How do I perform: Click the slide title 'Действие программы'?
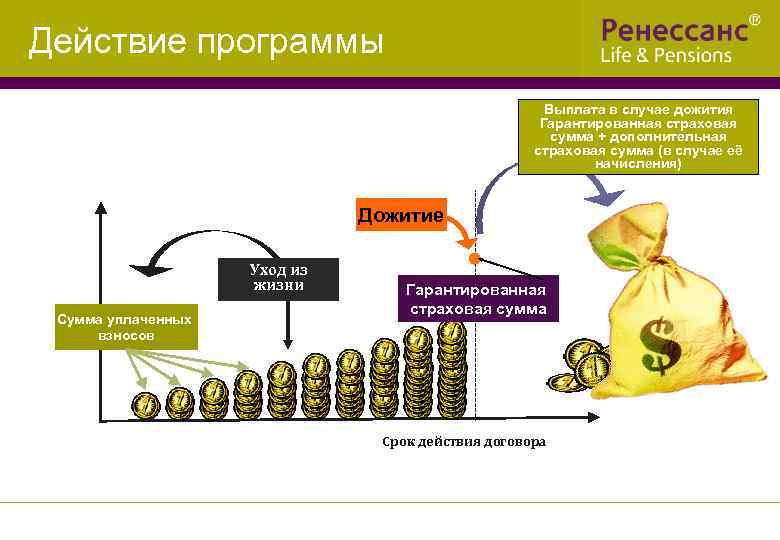206,42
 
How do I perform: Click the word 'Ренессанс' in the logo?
674,28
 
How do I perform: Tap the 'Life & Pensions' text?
666,56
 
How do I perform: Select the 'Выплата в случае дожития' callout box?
637,136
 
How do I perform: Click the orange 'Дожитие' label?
401,215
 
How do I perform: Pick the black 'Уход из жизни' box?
278,278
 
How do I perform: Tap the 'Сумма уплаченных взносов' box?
125,328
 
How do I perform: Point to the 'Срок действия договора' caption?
465,442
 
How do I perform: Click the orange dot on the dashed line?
474,258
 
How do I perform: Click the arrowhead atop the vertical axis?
100,209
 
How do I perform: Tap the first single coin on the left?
146,404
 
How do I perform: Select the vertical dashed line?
474,340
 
